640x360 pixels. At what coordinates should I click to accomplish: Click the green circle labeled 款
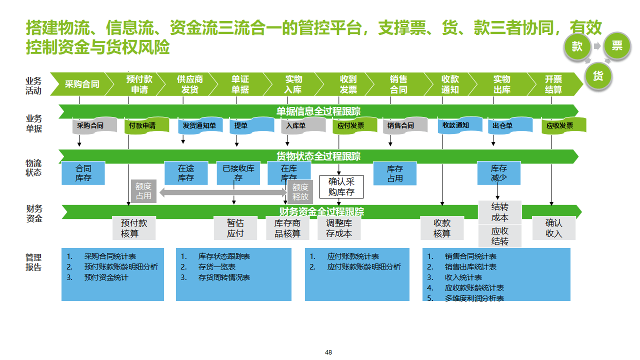pos(577,46)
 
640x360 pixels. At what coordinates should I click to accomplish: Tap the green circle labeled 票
pos(617,46)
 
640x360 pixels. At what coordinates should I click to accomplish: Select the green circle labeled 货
pos(597,76)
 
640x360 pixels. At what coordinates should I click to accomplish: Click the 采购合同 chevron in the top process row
pos(82,84)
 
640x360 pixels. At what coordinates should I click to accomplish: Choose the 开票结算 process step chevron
pos(553,84)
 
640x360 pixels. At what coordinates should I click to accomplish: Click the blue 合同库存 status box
pos(83,173)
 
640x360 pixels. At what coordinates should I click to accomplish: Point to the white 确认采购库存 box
pos(341,186)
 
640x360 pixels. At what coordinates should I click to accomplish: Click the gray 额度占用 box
pos(143,191)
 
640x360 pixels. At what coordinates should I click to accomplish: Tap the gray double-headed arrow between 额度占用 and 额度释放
pos(222,192)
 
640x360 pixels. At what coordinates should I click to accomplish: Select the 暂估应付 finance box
pos(235,228)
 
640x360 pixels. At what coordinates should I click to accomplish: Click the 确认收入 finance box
pos(553,228)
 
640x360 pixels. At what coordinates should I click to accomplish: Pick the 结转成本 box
pos(500,212)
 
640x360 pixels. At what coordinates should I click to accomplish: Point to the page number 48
pos(328,352)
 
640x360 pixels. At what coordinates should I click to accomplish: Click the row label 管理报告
pos(33,262)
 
